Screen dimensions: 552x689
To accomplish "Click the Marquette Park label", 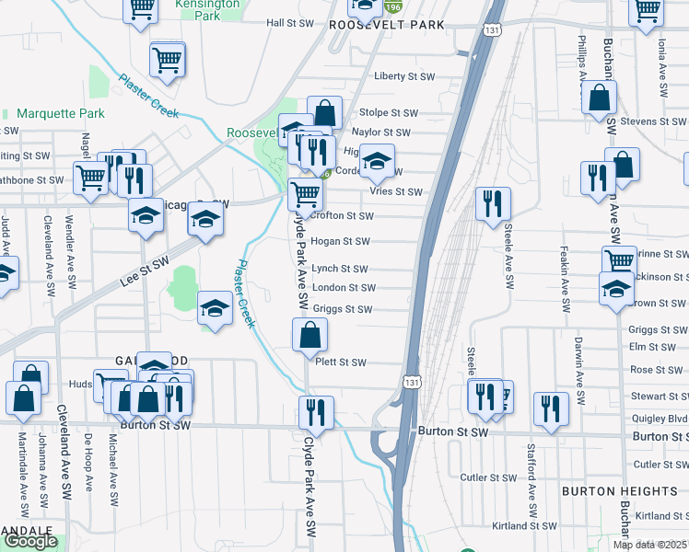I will pyautogui.click(x=61, y=114).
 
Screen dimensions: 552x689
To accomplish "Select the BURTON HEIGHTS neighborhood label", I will pyautogui.click(x=607, y=492).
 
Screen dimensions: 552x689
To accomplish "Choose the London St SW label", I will pyautogui.click(x=342, y=288).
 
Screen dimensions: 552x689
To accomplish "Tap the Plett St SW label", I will pyautogui.click(x=341, y=362).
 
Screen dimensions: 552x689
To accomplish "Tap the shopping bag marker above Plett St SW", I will pyautogui.click(x=310, y=336).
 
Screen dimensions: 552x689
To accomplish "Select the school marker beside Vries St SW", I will pyautogui.click(x=376, y=162).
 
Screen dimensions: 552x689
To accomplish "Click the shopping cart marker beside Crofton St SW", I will pyautogui.click(x=305, y=194).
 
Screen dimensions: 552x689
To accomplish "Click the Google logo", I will pyautogui.click(x=30, y=541).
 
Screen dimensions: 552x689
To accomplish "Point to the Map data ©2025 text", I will pyautogui.click(x=650, y=545).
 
